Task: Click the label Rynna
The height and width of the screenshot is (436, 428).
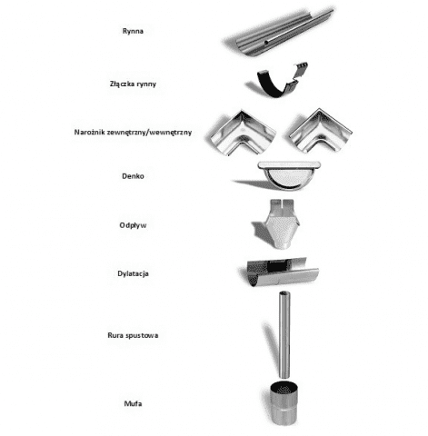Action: (x=133, y=31)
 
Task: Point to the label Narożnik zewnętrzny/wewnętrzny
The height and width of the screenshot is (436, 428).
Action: (x=133, y=133)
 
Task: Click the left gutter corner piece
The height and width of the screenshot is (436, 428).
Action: (x=243, y=133)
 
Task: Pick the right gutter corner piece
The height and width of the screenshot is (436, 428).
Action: (x=319, y=131)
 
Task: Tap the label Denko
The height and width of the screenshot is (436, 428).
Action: (x=133, y=176)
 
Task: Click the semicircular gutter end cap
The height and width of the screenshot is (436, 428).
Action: (x=289, y=175)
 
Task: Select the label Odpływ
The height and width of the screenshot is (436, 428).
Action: (x=133, y=225)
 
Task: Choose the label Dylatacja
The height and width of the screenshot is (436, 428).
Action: (x=133, y=273)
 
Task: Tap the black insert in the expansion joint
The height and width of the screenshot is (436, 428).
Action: (x=277, y=265)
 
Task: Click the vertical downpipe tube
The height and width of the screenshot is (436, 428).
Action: (x=284, y=335)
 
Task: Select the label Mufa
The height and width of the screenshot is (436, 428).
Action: (x=133, y=403)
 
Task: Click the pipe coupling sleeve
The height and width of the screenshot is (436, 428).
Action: (x=284, y=404)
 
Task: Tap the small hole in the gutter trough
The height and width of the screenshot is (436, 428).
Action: (x=266, y=43)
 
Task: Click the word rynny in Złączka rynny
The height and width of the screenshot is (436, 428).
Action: (x=146, y=84)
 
